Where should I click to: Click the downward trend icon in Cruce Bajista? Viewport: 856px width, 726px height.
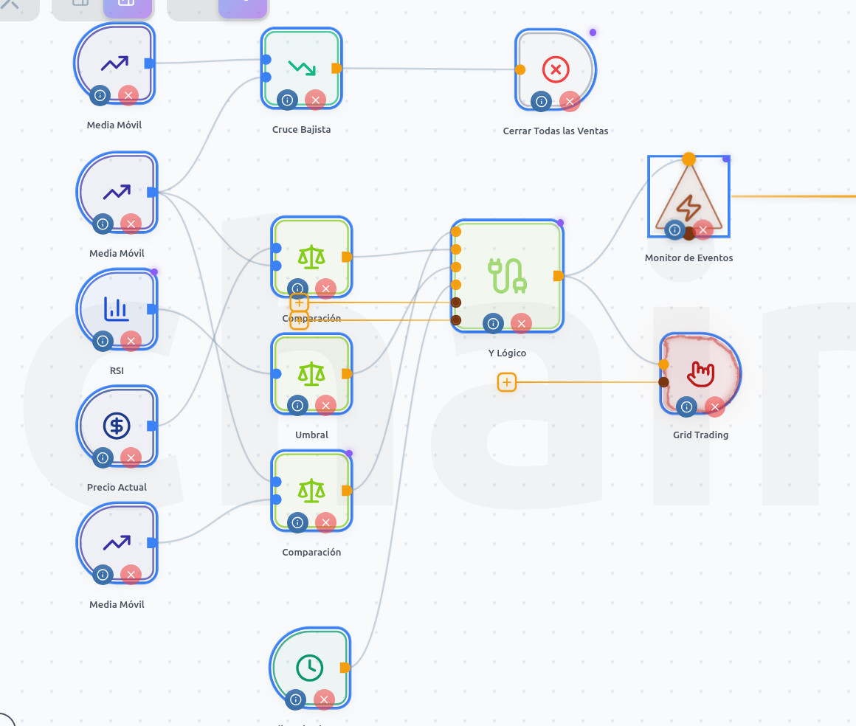point(300,68)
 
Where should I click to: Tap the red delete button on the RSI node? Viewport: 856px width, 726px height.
point(131,340)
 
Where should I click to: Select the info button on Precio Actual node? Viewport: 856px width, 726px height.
point(103,458)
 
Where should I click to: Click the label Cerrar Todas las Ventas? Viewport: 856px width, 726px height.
point(555,131)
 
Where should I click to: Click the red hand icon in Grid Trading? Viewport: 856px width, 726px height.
point(700,374)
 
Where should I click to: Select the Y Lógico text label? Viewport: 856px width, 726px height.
point(507,353)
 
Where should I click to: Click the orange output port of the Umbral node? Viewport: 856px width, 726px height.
point(347,374)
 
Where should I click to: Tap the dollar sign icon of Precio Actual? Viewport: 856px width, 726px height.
point(117,426)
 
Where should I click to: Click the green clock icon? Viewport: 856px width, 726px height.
point(309,668)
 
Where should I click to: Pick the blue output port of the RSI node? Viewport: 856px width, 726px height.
point(151,309)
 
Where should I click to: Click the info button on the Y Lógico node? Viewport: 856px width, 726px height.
point(493,322)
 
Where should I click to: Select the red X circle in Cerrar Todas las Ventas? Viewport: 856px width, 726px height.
point(555,70)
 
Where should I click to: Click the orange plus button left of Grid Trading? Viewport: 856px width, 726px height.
point(506,382)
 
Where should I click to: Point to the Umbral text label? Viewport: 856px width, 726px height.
point(311,435)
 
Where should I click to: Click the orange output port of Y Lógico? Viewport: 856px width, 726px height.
point(559,276)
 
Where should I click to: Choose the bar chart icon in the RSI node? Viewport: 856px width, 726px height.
point(117,308)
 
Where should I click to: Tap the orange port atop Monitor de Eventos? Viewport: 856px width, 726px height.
point(688,159)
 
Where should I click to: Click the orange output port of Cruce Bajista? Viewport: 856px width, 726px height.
point(336,69)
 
